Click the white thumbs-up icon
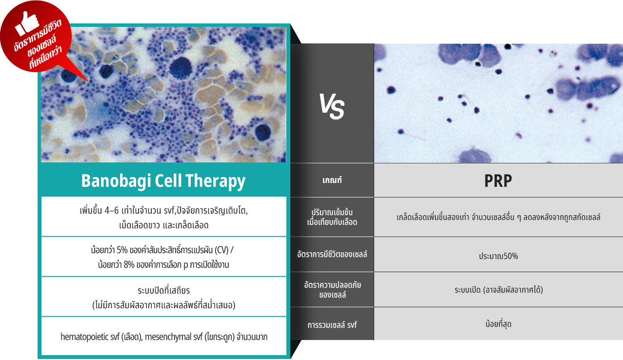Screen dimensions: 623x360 (27, 23)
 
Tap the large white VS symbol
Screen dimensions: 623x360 (332, 106)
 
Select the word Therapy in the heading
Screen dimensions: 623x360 (215, 181)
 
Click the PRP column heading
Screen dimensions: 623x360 (498, 181)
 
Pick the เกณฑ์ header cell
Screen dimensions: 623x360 (332, 180)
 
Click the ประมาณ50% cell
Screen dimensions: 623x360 (498, 256)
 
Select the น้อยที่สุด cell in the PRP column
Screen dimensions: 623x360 (498, 324)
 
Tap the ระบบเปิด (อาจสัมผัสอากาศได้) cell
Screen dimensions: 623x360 (499, 290)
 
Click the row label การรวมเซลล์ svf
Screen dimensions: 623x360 (332, 325)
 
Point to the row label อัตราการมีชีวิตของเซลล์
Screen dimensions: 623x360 (332, 254)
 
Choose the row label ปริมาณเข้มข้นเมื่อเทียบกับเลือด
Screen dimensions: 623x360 (332, 217)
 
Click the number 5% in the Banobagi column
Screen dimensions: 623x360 (122, 250)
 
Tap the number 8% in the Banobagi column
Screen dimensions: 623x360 (129, 265)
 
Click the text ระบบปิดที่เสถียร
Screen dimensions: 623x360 (163, 291)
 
